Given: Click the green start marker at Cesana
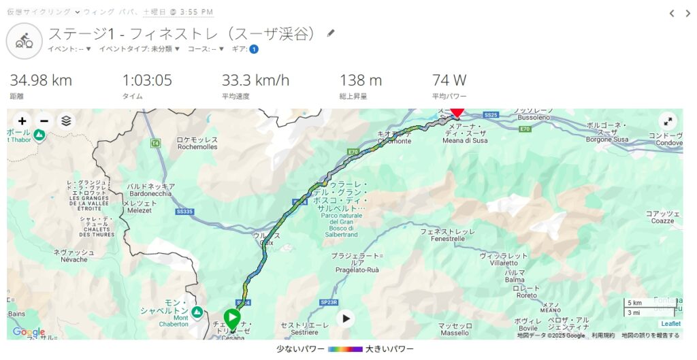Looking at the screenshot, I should point(232,318).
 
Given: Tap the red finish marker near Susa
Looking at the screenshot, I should point(457,112).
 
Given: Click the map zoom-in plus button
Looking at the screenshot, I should point(22,121).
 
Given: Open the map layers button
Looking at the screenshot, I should point(65,121).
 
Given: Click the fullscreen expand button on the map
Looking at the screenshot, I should point(668,122).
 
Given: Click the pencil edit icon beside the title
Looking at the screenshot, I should point(331,33).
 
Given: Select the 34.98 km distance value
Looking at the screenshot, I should point(41,80).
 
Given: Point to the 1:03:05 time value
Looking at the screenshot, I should point(147,80).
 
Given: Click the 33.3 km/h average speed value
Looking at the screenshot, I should point(255,80).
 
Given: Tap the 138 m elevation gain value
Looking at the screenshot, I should point(361,80).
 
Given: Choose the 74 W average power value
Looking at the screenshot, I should point(449,80).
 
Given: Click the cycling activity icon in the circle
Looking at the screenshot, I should point(25,40).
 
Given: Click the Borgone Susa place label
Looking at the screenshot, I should point(609,135).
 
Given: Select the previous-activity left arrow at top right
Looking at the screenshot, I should point(672,13).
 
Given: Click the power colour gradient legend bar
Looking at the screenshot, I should point(344,349).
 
